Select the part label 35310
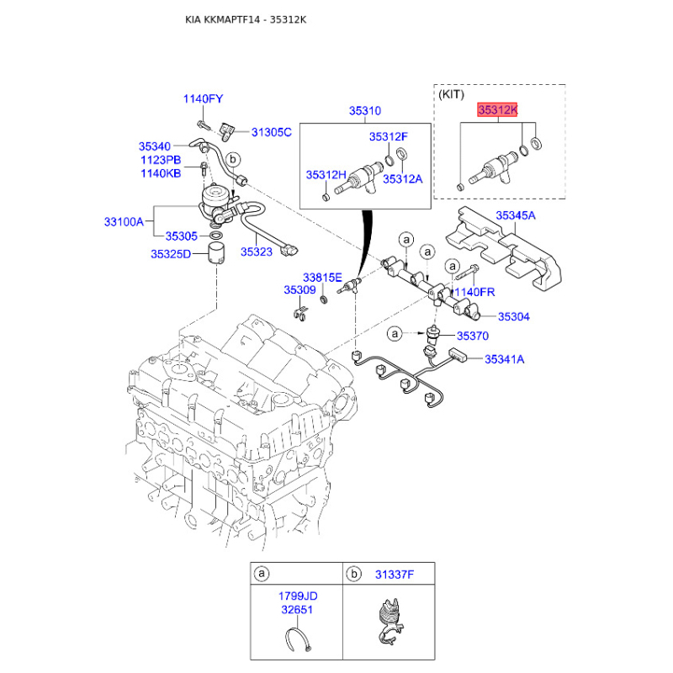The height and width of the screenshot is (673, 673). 365,110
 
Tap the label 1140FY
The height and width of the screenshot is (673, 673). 203,99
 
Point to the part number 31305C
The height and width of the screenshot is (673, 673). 271,131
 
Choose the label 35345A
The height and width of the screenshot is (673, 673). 515,216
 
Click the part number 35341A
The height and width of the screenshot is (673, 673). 504,359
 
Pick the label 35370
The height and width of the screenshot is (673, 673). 472,336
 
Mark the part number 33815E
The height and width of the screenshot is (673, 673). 322,277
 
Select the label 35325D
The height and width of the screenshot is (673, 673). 172,253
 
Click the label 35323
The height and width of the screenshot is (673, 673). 257,250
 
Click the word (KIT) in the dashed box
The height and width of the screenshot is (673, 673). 452,95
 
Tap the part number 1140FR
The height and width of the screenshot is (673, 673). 476,291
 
